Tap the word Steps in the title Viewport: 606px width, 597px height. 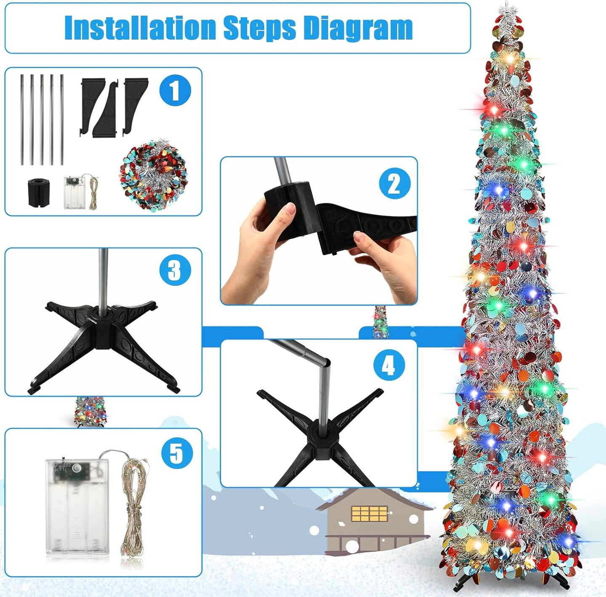(260, 29)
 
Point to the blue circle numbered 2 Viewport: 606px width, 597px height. (395, 183)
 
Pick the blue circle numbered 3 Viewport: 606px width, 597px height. (175, 270)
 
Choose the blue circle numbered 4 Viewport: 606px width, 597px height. (389, 365)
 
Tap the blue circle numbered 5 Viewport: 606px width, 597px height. (177, 453)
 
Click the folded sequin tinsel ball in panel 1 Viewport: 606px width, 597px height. (154, 175)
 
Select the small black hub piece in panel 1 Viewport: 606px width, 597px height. (38, 192)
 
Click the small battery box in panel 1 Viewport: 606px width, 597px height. (74, 193)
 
